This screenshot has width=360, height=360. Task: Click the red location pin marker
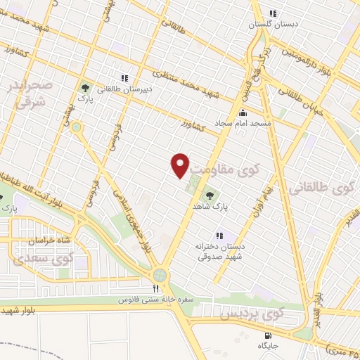click(x=181, y=165)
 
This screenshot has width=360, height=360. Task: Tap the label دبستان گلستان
click(x=276, y=24)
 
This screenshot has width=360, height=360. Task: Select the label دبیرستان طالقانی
click(x=124, y=89)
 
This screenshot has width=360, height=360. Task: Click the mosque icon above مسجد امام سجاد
click(x=243, y=112)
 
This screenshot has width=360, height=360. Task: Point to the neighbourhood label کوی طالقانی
click(x=321, y=188)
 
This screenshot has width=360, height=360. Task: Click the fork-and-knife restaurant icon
click(x=155, y=288)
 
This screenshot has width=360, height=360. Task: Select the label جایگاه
click(x=268, y=345)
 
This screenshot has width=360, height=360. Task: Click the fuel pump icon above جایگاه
click(x=268, y=335)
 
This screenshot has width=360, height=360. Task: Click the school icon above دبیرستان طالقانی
click(x=124, y=78)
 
